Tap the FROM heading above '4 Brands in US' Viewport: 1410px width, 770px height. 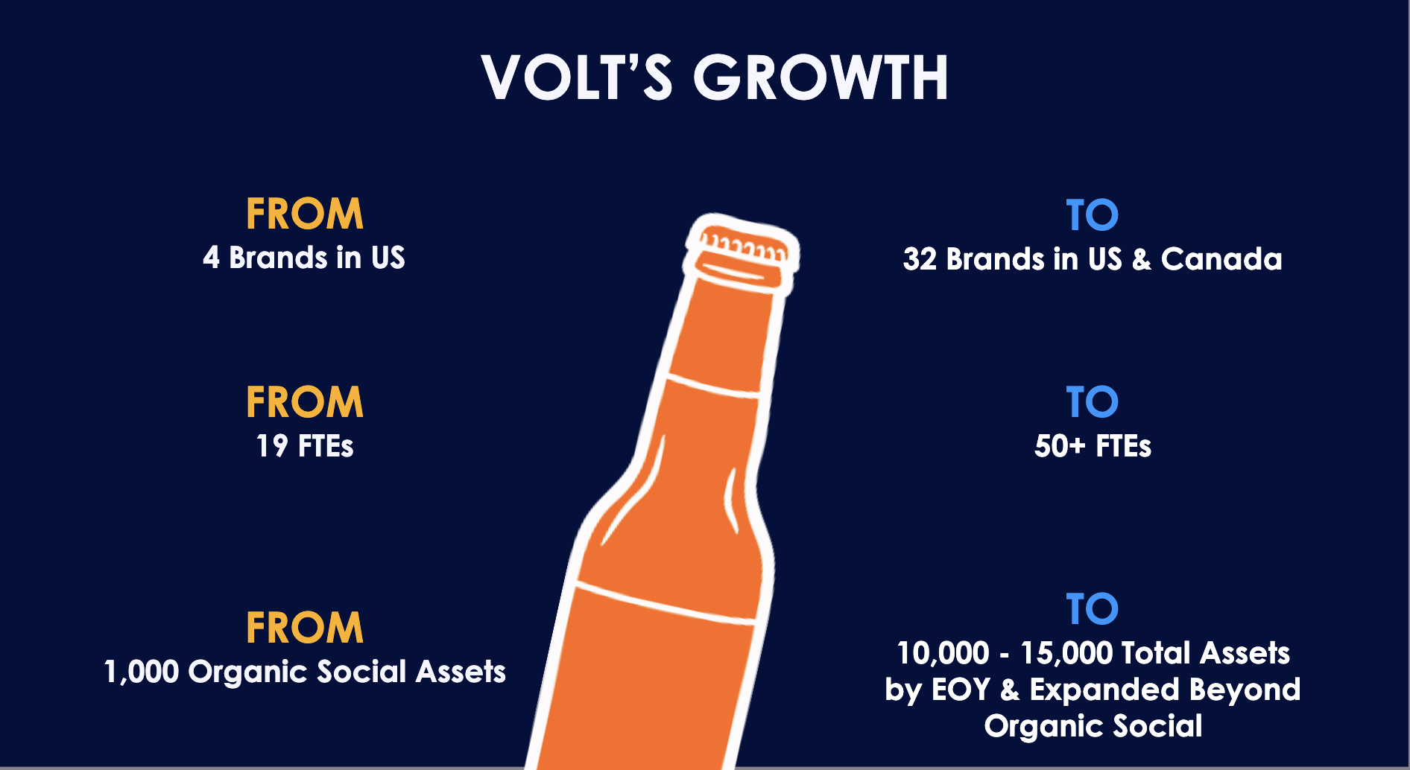click(305, 214)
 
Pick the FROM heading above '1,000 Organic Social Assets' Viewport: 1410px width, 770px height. click(305, 628)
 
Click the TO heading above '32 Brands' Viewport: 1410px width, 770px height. click(1092, 216)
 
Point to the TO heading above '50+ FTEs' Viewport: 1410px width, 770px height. click(1092, 403)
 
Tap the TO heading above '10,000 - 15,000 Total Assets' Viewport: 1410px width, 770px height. click(1092, 609)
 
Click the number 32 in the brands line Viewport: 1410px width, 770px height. click(920, 259)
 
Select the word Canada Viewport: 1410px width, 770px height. click(1221, 259)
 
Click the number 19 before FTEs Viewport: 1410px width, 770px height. click(272, 446)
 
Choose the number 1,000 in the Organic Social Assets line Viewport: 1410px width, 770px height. click(141, 672)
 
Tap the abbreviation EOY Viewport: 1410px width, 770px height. click(961, 690)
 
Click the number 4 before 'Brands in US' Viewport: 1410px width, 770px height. click(212, 258)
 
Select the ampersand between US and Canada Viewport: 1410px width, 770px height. click(1141, 259)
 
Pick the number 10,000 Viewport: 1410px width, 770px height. click(943, 653)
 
